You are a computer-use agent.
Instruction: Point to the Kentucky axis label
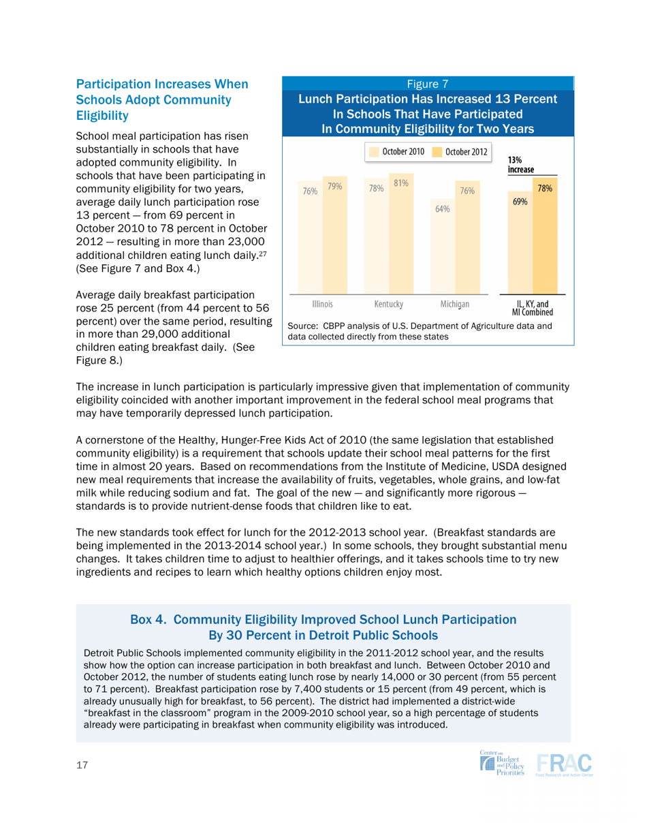pos(388,302)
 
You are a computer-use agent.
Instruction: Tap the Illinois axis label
pos(321,302)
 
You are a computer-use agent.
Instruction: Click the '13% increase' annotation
pos(520,164)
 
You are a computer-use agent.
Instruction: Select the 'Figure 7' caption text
pos(426,84)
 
